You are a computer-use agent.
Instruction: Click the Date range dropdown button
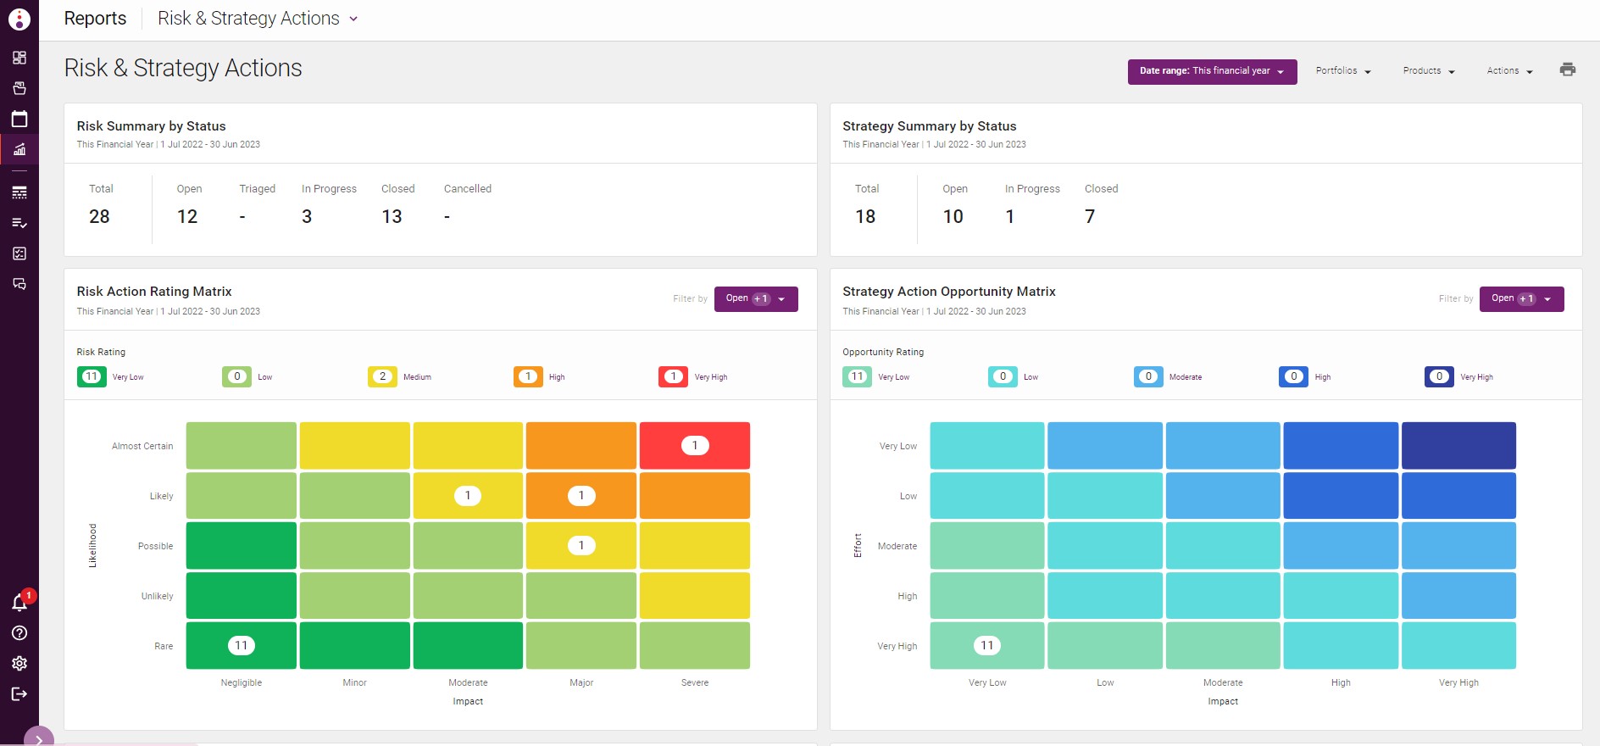click(1211, 71)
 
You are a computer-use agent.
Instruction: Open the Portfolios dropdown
click(1343, 71)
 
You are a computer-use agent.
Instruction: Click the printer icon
click(1567, 70)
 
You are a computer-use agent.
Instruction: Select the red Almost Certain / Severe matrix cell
click(694, 446)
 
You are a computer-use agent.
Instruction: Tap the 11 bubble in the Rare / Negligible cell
click(242, 646)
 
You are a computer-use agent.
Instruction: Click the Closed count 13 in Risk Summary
click(392, 217)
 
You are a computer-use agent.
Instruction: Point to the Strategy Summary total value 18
click(865, 217)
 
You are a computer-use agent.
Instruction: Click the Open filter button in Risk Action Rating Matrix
click(755, 299)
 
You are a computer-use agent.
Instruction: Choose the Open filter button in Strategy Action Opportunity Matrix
click(1521, 299)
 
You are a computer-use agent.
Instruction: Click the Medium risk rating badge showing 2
click(382, 376)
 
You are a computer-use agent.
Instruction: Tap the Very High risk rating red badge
click(674, 376)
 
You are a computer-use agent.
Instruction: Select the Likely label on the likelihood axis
click(161, 496)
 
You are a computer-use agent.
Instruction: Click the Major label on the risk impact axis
click(581, 682)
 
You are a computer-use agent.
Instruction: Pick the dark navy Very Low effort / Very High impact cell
click(1458, 446)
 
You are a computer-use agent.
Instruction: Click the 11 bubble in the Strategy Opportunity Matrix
click(986, 646)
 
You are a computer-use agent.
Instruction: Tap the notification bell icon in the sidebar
click(19, 603)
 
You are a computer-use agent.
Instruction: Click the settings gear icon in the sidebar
click(19, 664)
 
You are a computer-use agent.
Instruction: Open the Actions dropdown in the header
click(1509, 71)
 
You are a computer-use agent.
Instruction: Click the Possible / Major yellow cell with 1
click(581, 546)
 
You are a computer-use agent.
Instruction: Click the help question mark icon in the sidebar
click(19, 633)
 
